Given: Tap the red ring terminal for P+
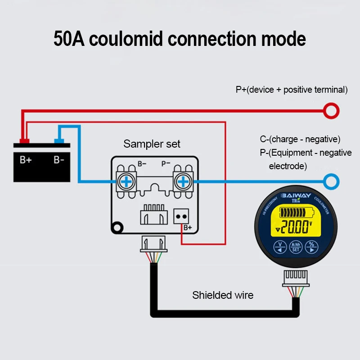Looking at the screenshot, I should click(x=332, y=110).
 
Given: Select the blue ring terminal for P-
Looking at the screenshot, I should click(x=332, y=181).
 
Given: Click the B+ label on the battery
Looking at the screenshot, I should click(x=26, y=160).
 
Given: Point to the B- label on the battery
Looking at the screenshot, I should click(x=59, y=160).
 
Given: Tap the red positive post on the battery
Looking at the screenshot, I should click(x=24, y=141).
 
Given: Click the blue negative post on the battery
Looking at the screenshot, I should click(x=58, y=141).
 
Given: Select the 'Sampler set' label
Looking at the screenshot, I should click(x=152, y=144).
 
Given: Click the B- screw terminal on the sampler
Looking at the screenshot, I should click(x=127, y=181).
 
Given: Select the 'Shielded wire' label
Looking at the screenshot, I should click(x=223, y=296).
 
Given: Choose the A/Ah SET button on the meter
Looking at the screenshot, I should click(x=296, y=247).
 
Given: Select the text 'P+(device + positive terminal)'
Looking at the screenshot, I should click(x=292, y=90).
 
